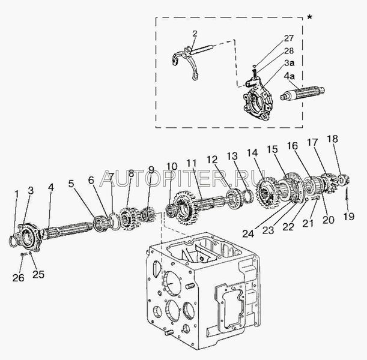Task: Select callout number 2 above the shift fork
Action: tap(193, 33)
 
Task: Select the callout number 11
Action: tap(192, 163)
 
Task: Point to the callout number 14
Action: tap(251, 152)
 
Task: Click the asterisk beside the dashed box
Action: tap(309, 16)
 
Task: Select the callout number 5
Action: tap(71, 185)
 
